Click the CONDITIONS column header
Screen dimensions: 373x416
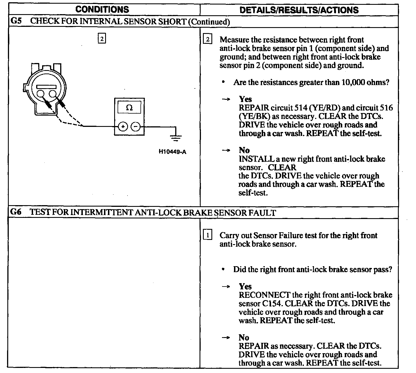click(102, 9)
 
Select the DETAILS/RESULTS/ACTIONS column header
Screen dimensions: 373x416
click(299, 10)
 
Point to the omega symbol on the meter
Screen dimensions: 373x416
click(129, 108)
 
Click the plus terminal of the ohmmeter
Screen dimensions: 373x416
click(123, 127)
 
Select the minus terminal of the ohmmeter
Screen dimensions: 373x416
click(136, 127)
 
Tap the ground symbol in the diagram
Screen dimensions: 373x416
click(176, 138)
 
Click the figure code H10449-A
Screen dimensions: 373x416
click(172, 152)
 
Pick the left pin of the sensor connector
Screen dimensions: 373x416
click(40, 94)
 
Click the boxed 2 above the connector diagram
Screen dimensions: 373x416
click(101, 38)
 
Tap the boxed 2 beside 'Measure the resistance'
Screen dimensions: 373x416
click(207, 40)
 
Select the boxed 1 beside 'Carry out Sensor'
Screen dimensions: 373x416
click(207, 235)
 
